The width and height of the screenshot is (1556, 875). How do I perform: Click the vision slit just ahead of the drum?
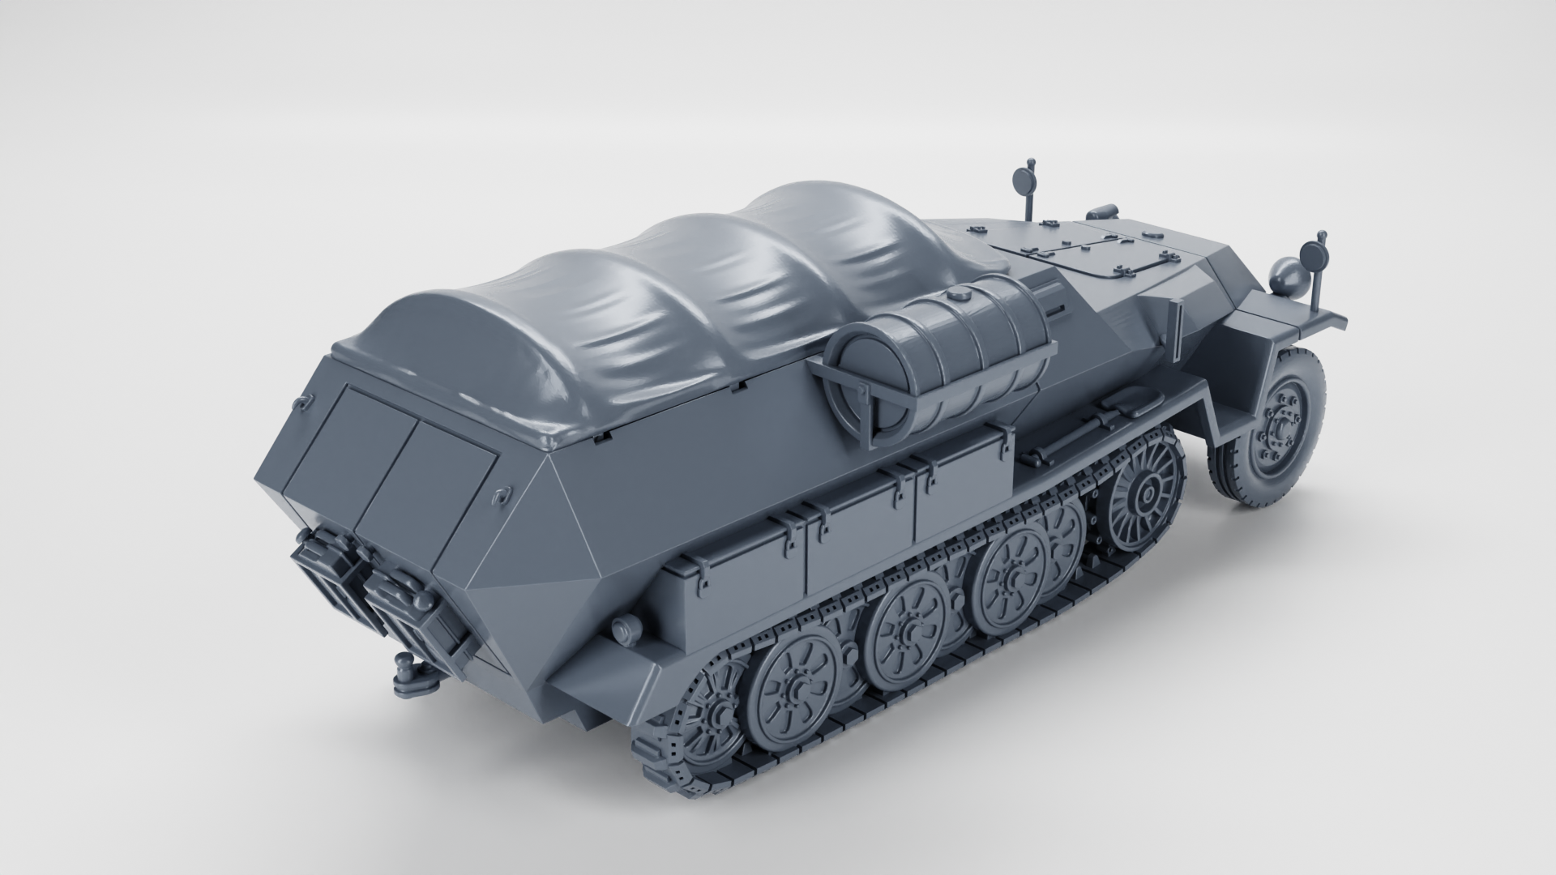[x=1055, y=310]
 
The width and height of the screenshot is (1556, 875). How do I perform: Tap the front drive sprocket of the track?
[x=1147, y=490]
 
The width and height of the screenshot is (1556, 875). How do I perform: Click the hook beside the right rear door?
[x=502, y=493]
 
